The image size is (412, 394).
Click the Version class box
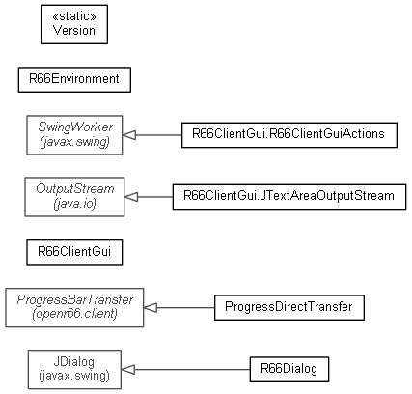click(74, 24)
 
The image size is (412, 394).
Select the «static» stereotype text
click(74, 16)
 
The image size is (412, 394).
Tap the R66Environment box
click(74, 80)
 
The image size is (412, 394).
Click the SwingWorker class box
click(74, 135)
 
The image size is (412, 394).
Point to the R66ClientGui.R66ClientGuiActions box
click(289, 135)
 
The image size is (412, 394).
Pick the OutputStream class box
click(74, 197)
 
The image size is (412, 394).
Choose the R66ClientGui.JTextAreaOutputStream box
click(289, 197)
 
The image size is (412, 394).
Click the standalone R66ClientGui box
click(74, 252)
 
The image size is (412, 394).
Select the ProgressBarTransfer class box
click(74, 308)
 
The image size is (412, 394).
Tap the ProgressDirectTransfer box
click(289, 308)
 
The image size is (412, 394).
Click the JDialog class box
click(74, 370)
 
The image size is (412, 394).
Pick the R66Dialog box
click(289, 370)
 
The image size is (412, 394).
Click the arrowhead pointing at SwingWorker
click(129, 135)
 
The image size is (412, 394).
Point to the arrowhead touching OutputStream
click(131, 197)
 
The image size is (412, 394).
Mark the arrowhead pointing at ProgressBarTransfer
click(151, 308)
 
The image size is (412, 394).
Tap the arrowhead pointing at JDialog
click(128, 370)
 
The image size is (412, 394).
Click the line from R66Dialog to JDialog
click(192, 370)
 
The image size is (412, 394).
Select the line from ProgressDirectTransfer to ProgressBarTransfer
click(185, 308)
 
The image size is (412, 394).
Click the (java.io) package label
click(75, 204)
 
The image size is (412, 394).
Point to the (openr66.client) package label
click(74, 314)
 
